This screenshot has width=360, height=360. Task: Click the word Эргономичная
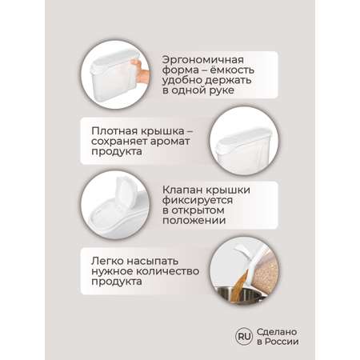[203, 60]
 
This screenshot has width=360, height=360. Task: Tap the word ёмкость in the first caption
[232, 70]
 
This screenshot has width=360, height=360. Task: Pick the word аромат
[170, 142]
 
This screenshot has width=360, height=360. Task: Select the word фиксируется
[198, 200]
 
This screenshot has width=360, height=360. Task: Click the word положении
[194, 221]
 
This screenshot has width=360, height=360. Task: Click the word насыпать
[152, 262]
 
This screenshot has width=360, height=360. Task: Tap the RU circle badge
[244, 337]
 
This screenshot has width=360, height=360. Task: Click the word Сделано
[277, 332]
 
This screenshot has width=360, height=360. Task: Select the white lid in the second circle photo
[242, 138]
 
